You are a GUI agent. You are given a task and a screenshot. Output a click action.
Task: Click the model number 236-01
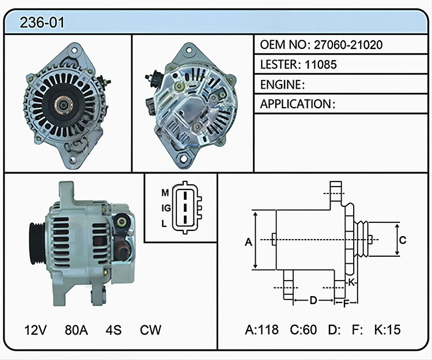coord(42,22)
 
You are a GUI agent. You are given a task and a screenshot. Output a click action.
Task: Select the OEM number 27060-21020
coord(348,44)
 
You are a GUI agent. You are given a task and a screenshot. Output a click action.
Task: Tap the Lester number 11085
coord(321,65)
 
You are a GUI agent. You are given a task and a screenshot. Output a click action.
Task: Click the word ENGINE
coord(281,85)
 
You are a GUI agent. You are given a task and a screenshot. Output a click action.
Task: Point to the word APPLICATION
coord(295,104)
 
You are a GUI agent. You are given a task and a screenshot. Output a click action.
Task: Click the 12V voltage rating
coord(36,329)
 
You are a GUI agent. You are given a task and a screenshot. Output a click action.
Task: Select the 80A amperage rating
coord(76,329)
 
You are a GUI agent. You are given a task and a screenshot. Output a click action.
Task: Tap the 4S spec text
coord(113,329)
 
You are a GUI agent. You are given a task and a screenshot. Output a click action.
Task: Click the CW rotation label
coord(150,329)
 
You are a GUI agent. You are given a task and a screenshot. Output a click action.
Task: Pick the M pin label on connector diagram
coord(165,193)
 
